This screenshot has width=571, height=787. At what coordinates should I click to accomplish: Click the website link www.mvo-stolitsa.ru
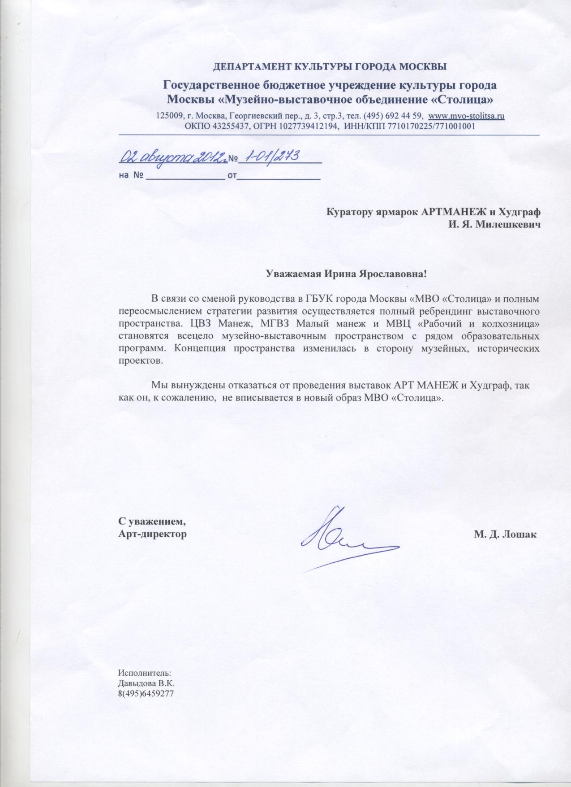pyautogui.click(x=467, y=116)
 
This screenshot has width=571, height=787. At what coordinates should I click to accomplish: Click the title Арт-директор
pyautogui.click(x=152, y=534)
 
